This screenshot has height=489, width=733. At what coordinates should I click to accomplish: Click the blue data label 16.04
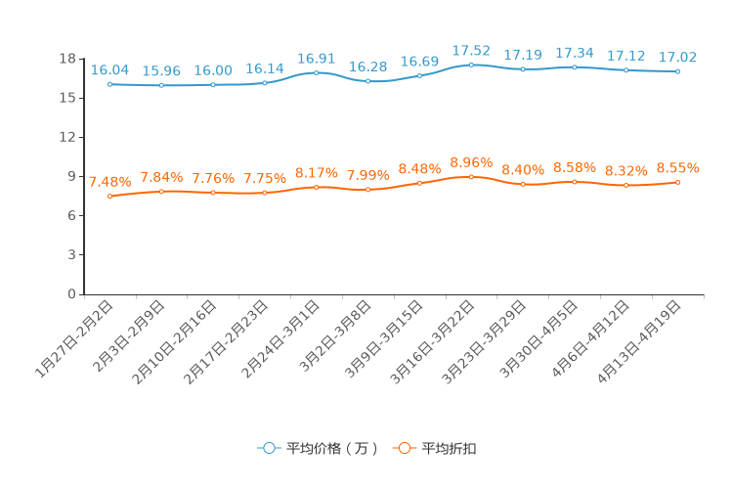click(x=109, y=70)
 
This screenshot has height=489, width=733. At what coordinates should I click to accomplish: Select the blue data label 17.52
click(x=471, y=51)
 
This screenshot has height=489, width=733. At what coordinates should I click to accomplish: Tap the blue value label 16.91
click(x=316, y=59)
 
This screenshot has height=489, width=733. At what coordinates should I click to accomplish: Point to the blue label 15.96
click(x=161, y=71)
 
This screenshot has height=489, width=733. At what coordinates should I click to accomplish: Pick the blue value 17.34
click(x=575, y=53)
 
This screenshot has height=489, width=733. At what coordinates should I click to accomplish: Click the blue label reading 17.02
click(x=677, y=58)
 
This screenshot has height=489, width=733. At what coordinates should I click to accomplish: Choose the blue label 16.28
click(x=367, y=67)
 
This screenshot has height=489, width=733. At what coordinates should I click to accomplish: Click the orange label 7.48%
click(x=109, y=182)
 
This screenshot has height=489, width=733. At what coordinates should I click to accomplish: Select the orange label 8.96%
click(x=471, y=162)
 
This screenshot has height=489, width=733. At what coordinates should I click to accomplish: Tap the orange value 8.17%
click(x=316, y=173)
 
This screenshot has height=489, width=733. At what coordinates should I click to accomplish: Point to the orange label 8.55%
click(x=677, y=168)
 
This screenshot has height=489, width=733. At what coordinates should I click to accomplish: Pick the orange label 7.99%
click(x=367, y=175)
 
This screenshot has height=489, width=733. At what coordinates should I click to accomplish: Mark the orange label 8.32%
click(x=626, y=171)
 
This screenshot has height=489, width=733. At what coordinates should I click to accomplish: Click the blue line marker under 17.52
click(x=471, y=65)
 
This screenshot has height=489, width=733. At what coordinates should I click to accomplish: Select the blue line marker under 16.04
click(x=109, y=84)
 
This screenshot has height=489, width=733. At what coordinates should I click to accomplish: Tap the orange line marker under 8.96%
click(x=471, y=177)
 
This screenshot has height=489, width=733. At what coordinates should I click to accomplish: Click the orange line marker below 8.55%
click(x=677, y=182)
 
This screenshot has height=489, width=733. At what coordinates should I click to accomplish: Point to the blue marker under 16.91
click(x=316, y=72)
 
